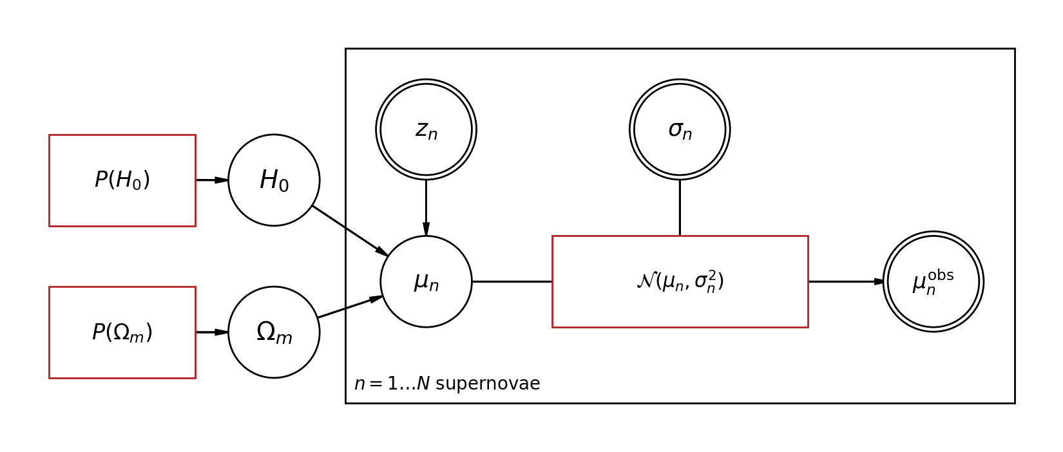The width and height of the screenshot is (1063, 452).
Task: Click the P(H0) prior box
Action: (x=122, y=180)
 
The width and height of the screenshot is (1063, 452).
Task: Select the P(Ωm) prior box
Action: (x=122, y=332)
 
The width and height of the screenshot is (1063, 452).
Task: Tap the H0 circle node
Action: (x=274, y=180)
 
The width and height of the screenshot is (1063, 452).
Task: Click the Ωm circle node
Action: (x=274, y=332)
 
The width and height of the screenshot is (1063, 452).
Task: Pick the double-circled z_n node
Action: (x=426, y=129)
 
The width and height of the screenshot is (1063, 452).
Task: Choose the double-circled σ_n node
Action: (x=680, y=129)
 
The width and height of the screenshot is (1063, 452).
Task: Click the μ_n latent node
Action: (x=426, y=281)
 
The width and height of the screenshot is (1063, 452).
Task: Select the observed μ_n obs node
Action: (x=933, y=281)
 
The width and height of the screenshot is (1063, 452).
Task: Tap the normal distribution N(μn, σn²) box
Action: (x=680, y=281)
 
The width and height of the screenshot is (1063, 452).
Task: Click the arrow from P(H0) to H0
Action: (x=212, y=180)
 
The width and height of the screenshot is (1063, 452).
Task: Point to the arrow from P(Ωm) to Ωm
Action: (x=212, y=332)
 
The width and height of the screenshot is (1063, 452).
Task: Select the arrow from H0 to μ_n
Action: (x=350, y=231)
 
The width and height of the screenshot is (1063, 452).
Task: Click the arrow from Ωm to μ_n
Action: (x=350, y=307)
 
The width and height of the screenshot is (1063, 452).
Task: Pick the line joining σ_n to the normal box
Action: (x=680, y=207)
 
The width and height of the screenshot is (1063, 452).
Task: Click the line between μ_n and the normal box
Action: (x=512, y=281)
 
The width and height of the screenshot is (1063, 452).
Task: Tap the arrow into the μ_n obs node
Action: (x=846, y=281)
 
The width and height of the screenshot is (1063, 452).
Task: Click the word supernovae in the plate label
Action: (x=488, y=384)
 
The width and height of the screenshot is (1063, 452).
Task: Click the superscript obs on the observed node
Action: (x=941, y=276)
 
